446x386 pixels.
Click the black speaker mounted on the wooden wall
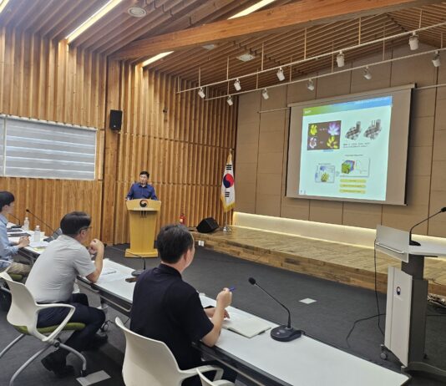(x=115, y=119)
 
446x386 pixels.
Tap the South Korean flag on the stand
(x=227, y=185)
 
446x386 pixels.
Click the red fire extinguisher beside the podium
(x=182, y=219)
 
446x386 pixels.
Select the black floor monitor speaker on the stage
(x=207, y=225)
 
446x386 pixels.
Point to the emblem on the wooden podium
(x=143, y=203)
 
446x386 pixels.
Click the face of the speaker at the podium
(x=144, y=178)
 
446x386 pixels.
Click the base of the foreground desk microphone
(x=285, y=333)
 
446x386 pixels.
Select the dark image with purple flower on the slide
(x=324, y=135)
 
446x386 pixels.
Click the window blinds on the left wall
(x=48, y=149)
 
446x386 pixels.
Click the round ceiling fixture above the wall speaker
(x=136, y=11)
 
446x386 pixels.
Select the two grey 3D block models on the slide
(x=363, y=130)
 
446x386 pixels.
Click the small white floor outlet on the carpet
(x=307, y=301)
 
